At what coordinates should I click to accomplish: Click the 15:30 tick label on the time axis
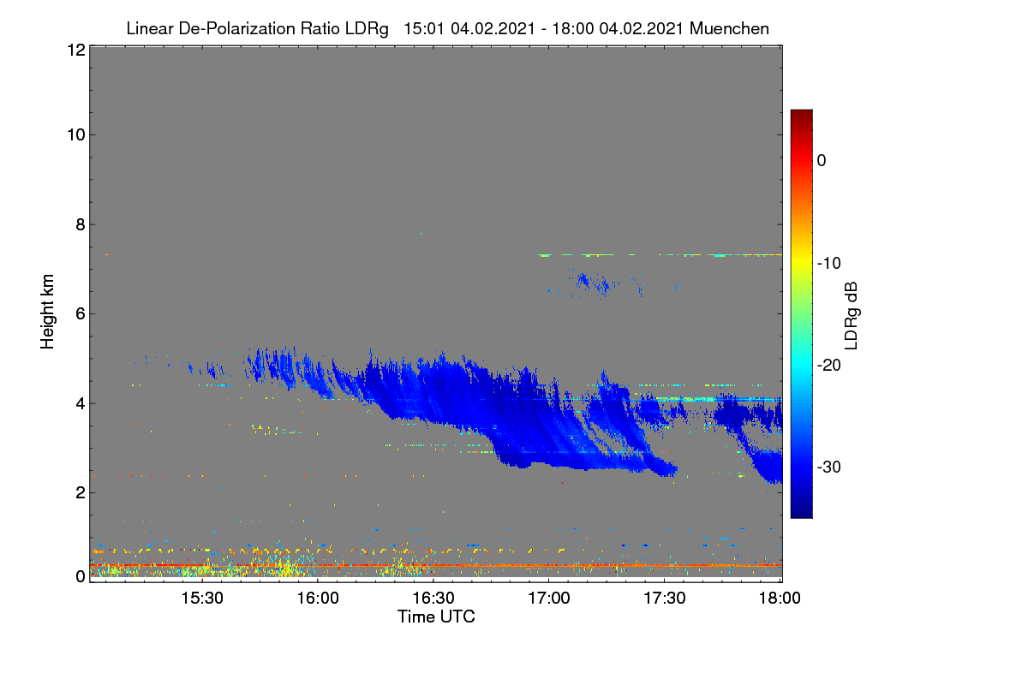click(202, 599)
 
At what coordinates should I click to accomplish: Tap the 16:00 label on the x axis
click(318, 599)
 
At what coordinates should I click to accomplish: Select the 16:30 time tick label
click(433, 599)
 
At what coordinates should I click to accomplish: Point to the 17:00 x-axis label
click(549, 599)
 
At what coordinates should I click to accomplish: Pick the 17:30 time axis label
click(665, 599)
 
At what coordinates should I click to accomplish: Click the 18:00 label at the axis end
click(780, 599)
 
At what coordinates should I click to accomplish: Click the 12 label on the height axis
click(76, 50)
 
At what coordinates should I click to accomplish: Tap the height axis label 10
click(76, 135)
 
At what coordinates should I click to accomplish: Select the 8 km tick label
click(81, 224)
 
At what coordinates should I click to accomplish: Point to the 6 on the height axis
click(81, 314)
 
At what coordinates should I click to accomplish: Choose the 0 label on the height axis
click(81, 577)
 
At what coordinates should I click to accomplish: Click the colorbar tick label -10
click(829, 264)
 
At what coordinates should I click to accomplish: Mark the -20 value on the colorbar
click(829, 366)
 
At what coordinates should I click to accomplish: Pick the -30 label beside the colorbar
click(829, 467)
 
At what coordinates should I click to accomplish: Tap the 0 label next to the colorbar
click(822, 161)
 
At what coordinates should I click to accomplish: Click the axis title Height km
click(47, 312)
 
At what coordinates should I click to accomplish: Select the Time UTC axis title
click(436, 616)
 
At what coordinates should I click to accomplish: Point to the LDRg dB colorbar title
click(852, 316)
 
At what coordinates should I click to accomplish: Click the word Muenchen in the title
click(729, 28)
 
